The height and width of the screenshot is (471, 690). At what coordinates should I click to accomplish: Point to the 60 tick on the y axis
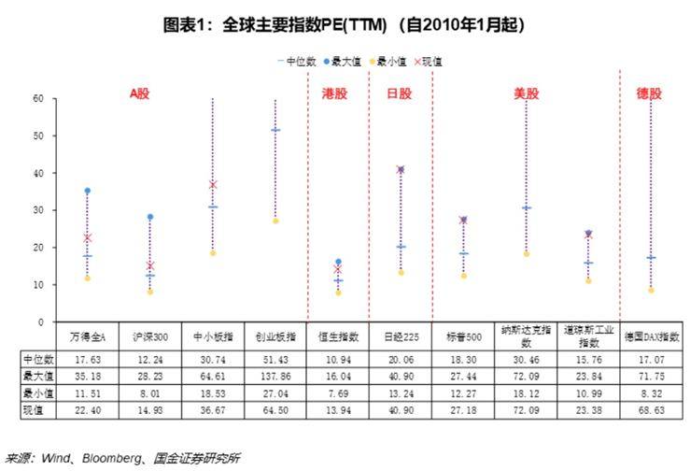pyautogui.click(x=38, y=98)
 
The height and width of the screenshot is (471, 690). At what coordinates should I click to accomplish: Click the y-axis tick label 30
pyautogui.click(x=38, y=210)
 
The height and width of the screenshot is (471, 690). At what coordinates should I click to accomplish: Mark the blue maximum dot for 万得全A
pyautogui.click(x=88, y=191)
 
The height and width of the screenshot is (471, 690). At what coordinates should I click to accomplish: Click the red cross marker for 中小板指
pyautogui.click(x=213, y=185)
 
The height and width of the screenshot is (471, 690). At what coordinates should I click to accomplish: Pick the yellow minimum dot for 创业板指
pyautogui.click(x=275, y=221)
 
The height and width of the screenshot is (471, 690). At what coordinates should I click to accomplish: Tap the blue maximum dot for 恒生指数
pyautogui.click(x=338, y=263)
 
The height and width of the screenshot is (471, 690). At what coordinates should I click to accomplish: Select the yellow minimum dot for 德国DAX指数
pyautogui.click(x=651, y=291)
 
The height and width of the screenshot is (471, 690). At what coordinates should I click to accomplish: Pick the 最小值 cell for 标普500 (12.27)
pyautogui.click(x=463, y=392)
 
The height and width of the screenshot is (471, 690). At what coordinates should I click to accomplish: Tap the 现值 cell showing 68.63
pyautogui.click(x=651, y=409)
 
